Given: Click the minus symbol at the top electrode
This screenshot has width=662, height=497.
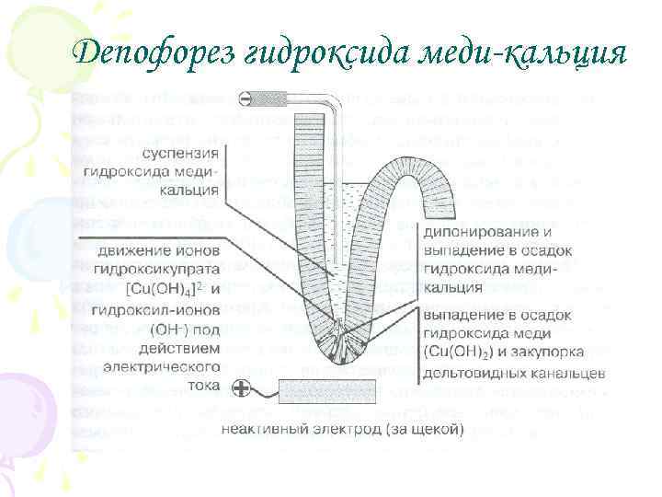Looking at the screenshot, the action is click(245, 98).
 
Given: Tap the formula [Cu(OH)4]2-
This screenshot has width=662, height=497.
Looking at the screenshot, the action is click(165, 289).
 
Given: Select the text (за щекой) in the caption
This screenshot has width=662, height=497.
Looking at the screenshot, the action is click(424, 428).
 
